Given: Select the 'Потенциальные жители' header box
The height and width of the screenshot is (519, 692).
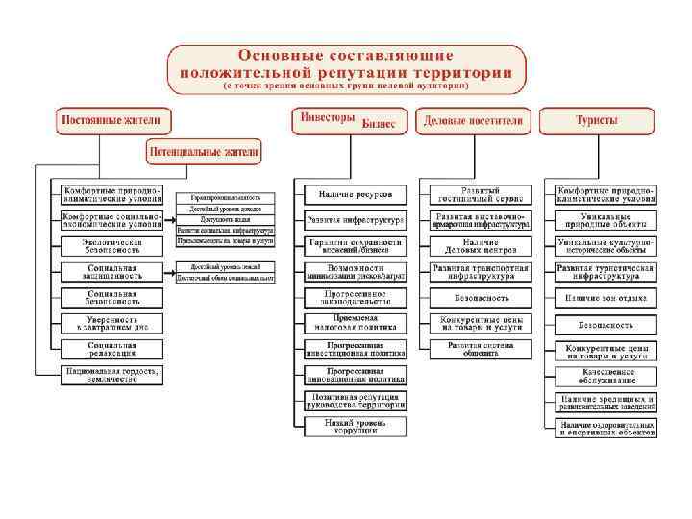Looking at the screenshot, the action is pos(203,152).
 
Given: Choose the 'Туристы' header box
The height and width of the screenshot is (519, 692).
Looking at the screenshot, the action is pos(596,122).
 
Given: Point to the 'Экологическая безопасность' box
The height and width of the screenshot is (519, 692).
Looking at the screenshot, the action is pos(111,246).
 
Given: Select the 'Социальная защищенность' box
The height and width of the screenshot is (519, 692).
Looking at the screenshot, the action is pos(111,272).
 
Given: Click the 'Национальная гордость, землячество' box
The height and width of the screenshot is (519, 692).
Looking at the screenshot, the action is pos(111,375).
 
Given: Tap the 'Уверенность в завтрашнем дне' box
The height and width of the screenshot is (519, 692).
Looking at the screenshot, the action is pos(111,324).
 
